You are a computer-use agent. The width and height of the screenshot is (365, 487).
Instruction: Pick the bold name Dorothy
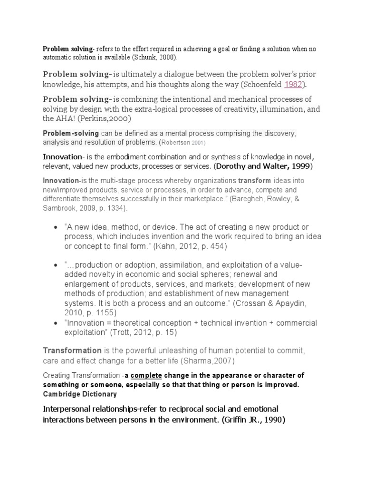[232, 166]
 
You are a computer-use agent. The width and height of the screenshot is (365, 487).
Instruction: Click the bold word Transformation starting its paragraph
[72, 351]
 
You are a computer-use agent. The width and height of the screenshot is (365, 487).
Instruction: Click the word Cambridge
[61, 393]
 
